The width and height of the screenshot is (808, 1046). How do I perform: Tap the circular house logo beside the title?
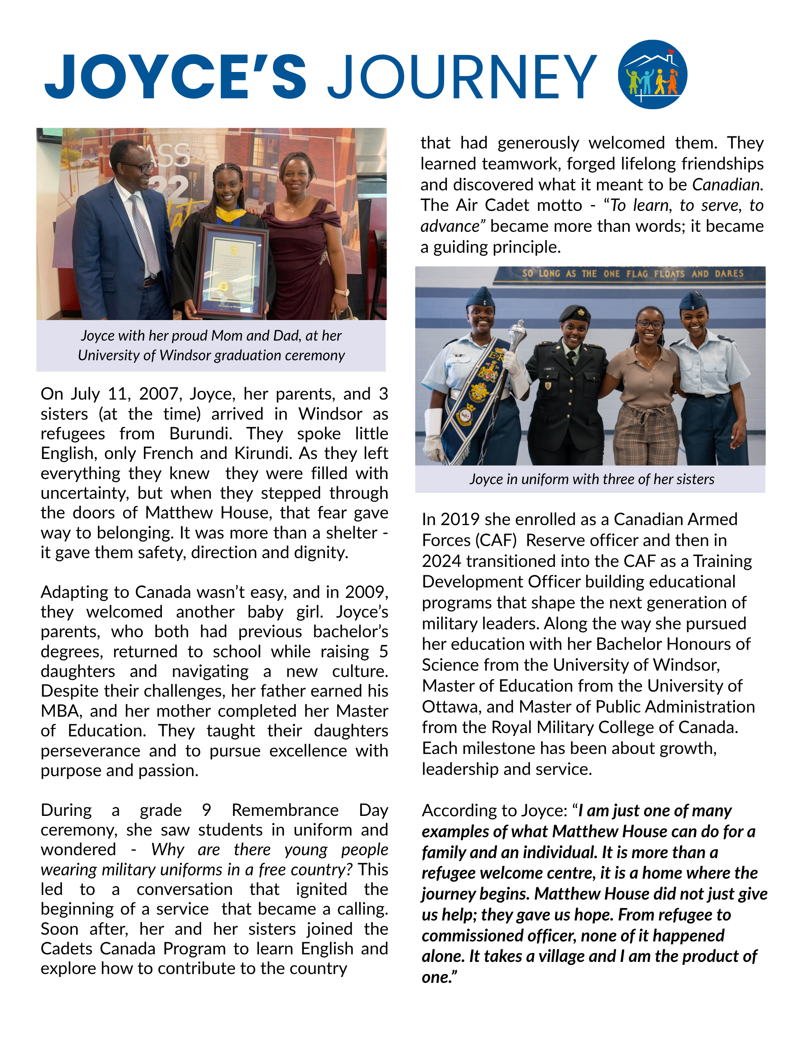652,74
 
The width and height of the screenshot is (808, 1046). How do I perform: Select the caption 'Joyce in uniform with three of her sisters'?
592,479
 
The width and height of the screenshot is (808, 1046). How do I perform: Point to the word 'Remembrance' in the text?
285,810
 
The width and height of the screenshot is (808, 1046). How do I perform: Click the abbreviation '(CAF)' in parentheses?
496,540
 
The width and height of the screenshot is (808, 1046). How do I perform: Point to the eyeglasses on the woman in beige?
649,324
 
